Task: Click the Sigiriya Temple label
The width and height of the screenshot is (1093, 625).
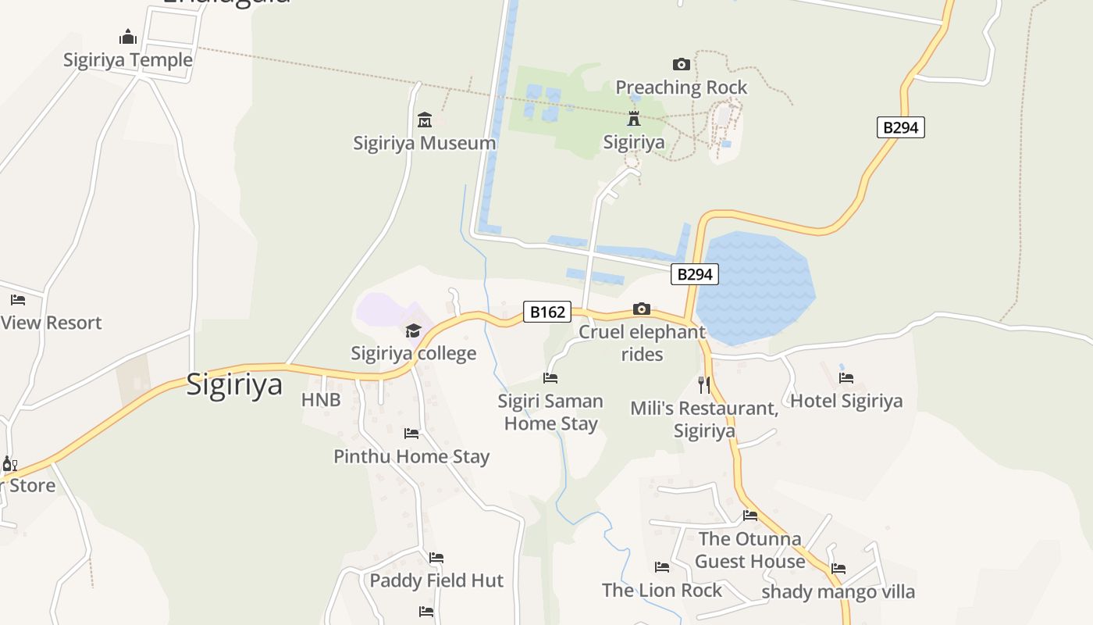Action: [128, 60]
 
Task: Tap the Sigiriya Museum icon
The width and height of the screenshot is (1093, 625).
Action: [425, 120]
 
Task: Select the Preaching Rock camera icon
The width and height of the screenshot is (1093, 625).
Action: [682, 64]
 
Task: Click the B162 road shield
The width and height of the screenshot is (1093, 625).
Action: [547, 312]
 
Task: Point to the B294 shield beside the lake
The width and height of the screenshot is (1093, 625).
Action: [694, 274]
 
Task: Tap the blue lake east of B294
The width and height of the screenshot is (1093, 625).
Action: [753, 285]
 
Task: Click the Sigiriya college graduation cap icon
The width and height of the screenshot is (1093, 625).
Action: [413, 330]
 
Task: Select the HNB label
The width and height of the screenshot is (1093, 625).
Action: [321, 400]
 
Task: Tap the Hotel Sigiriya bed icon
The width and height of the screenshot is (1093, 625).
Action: [846, 378]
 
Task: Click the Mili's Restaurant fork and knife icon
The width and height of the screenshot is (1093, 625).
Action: [704, 384]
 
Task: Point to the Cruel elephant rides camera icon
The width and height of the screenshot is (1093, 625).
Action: [642, 309]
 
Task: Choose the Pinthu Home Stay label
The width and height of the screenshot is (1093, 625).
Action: [411, 456]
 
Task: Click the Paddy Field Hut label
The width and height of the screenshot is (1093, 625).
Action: [436, 580]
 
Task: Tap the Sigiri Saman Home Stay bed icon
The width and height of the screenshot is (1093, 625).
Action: [550, 378]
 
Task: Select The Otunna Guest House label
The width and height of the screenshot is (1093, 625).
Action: [749, 550]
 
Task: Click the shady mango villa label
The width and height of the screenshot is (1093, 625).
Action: [838, 591]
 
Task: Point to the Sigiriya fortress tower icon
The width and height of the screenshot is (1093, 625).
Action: [634, 120]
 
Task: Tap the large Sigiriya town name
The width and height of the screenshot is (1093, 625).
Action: [234, 384]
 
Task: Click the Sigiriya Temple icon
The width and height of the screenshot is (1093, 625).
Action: [128, 37]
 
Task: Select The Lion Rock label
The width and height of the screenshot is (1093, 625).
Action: [662, 591]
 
